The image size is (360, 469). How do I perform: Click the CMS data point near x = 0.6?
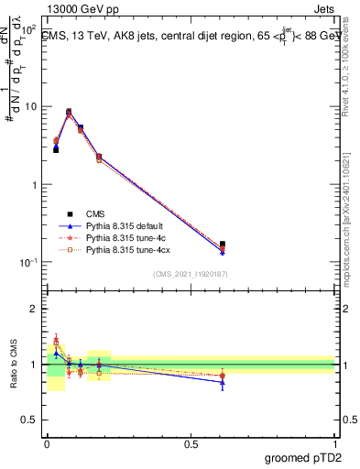point(223,245)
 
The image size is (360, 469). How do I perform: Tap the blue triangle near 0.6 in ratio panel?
point(223,382)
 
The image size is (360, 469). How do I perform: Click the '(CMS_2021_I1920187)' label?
point(191,274)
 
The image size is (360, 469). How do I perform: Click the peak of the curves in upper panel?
point(69,112)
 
